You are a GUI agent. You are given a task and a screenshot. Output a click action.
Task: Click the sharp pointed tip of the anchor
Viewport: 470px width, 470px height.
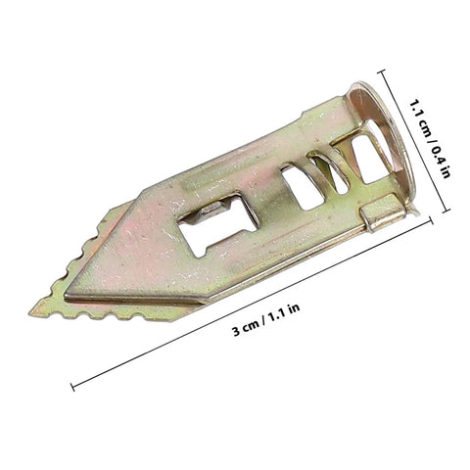(x=30, y=314)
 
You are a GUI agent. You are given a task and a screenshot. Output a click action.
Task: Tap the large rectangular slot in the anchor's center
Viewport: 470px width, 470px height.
(x=218, y=224)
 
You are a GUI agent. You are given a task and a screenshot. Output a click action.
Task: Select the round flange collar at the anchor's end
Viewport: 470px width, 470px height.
(x=382, y=137)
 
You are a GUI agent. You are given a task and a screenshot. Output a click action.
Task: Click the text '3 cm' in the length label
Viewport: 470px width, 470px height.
(x=245, y=329)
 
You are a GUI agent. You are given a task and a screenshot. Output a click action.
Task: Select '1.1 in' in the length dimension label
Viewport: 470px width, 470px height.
(x=284, y=311)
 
